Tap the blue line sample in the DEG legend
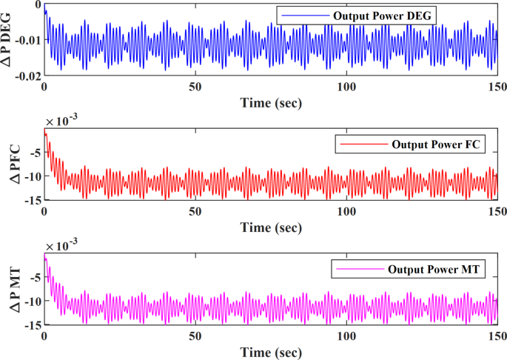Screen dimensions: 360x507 [x=306, y=15]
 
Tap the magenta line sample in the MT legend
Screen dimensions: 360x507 [x=357, y=270]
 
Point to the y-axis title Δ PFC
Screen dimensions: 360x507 [x=13, y=164]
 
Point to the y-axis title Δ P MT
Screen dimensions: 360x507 [x=13, y=290]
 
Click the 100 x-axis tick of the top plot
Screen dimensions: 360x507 [x=346, y=86]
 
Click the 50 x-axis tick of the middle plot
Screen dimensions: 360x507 [x=195, y=211]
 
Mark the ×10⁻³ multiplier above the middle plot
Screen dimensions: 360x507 [x=64, y=121]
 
